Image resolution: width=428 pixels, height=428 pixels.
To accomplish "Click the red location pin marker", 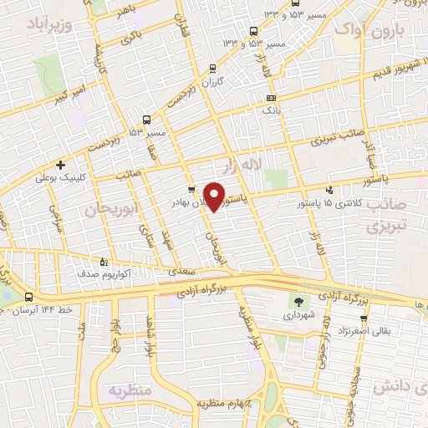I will click(x=215, y=196).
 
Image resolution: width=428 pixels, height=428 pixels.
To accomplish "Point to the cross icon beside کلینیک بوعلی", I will click(x=59, y=165).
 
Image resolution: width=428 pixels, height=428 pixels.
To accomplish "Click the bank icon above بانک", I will click(x=268, y=97).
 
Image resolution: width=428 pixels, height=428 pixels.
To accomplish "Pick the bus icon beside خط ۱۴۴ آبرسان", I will click(x=29, y=297).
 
